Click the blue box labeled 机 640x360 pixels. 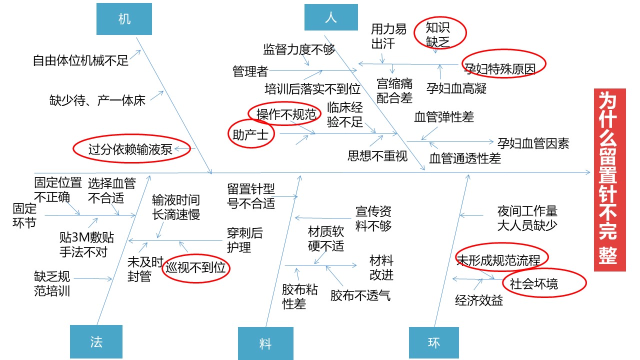[124, 19]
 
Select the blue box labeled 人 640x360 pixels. [331, 17]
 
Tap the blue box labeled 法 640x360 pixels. [96, 341]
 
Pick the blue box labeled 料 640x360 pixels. [265, 343]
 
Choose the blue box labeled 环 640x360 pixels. [433, 342]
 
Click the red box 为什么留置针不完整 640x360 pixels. [609, 179]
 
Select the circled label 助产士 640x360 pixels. [251, 134]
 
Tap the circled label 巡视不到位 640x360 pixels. [195, 268]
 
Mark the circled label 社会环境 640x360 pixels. [544, 283]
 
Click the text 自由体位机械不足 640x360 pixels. [80, 60]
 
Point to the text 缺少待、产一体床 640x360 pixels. [97, 100]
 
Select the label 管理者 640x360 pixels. [250, 71]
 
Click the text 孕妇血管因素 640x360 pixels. [533, 143]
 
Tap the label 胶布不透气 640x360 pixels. [360, 295]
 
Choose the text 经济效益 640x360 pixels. [479, 300]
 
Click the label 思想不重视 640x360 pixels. [377, 156]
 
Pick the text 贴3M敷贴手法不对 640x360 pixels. [86, 244]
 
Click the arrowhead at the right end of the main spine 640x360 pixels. [588, 172]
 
